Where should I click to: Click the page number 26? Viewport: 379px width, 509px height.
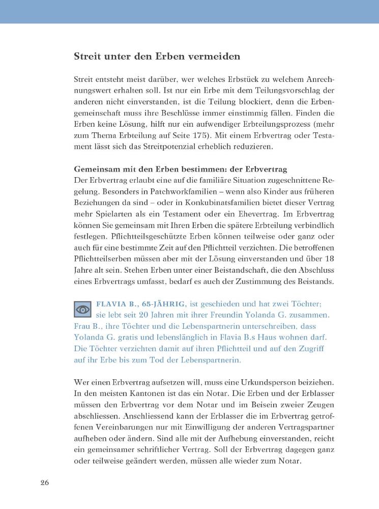(45, 483)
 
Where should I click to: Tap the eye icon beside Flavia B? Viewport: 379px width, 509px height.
(82, 309)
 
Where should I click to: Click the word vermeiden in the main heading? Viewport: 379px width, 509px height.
(211, 56)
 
